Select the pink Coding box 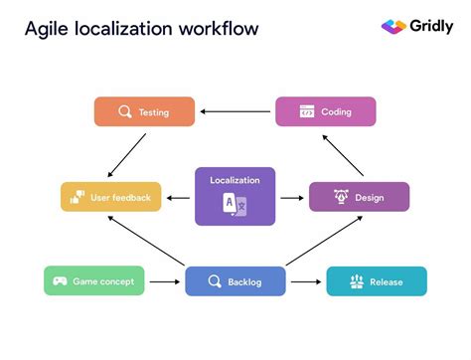(x=325, y=111)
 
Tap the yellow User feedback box (x=110, y=197)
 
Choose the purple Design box (x=359, y=197)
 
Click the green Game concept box (x=94, y=281)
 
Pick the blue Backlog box (x=235, y=281)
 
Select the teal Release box (x=376, y=281)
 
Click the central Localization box (x=235, y=195)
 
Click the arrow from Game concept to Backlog (x=164, y=281)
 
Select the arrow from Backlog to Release (x=305, y=281)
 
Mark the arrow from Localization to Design (x=291, y=197)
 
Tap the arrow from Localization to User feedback (x=179, y=197)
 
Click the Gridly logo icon (x=393, y=27)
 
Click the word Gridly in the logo (x=431, y=27)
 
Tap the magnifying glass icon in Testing (x=125, y=111)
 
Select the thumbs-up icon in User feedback (x=78, y=197)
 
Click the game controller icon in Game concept (x=60, y=281)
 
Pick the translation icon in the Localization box (x=235, y=205)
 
